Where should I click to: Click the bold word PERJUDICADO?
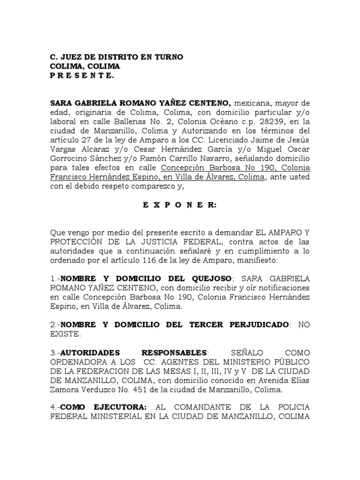257,325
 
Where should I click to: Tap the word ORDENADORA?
82,361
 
